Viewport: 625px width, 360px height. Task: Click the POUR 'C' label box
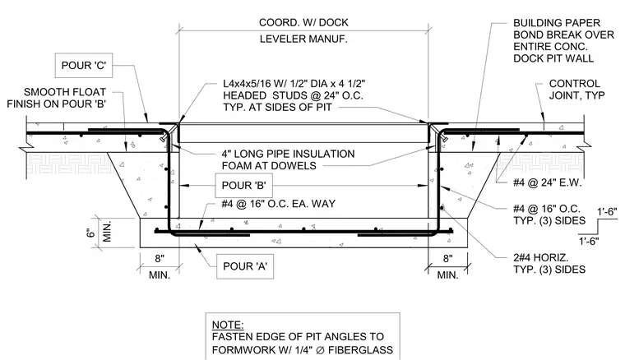coord(84,65)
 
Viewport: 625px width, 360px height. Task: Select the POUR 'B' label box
coord(244,186)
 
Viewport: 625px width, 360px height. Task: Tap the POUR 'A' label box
coord(245,266)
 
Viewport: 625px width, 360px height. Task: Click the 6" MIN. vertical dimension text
coord(100,232)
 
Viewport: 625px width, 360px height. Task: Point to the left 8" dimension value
coord(160,258)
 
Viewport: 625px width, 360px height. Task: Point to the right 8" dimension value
coord(447,258)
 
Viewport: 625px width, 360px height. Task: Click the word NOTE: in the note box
coord(228,325)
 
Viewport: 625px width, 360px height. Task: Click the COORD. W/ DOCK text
coord(303,23)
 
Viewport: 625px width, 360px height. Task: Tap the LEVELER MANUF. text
coord(303,39)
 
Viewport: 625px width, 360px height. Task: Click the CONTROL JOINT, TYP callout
coord(576,90)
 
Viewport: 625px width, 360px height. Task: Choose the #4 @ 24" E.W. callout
coord(547,182)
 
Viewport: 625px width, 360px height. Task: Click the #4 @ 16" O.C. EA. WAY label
coord(279,204)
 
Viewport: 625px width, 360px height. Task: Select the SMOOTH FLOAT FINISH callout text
coord(56,98)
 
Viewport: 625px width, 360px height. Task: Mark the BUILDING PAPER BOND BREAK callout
coord(563,40)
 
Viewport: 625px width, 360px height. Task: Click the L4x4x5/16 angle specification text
coord(294,95)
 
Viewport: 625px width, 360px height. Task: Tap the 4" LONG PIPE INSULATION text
coord(288,159)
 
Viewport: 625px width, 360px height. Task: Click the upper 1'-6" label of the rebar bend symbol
coord(607,212)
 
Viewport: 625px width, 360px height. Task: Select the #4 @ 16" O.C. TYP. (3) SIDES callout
coord(549,215)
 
